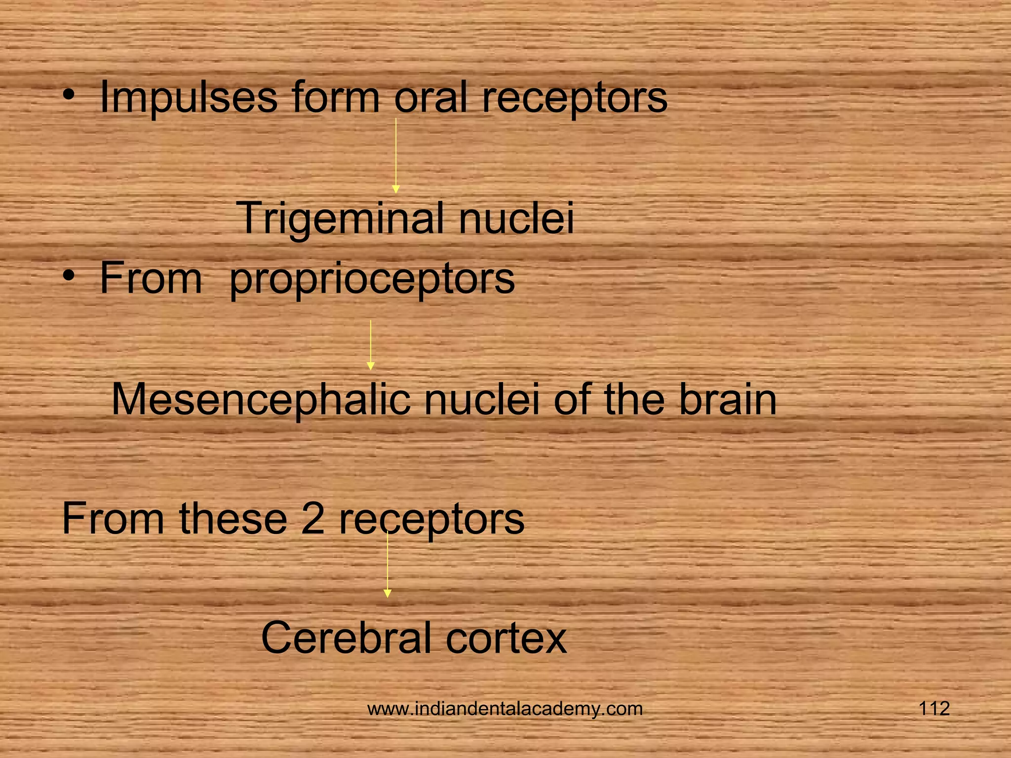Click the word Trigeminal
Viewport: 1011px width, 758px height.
[x=341, y=219]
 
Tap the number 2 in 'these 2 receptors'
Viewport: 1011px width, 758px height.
[x=312, y=519]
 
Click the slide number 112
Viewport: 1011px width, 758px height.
[x=934, y=709]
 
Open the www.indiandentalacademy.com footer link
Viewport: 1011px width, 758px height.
[x=505, y=709]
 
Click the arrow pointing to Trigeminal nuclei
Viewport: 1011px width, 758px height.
[x=395, y=155]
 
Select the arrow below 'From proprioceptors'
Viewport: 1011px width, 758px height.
[x=371, y=345]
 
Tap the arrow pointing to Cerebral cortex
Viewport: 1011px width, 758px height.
[x=388, y=565]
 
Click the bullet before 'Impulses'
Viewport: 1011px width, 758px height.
[x=71, y=94]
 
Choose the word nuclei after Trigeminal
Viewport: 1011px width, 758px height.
[x=517, y=219]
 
